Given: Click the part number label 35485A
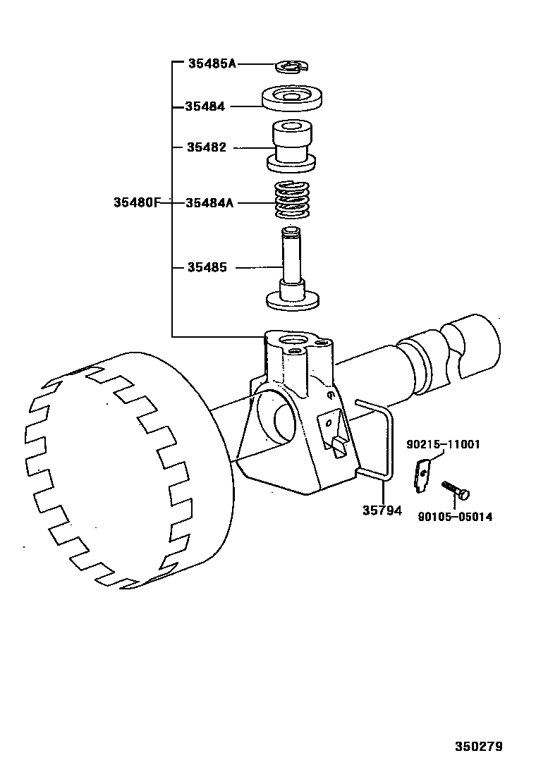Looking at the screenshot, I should pyautogui.click(x=212, y=63).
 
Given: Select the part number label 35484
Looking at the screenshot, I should pyautogui.click(x=205, y=106).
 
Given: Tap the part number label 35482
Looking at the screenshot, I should pyautogui.click(x=207, y=147).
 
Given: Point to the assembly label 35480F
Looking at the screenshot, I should pyautogui.click(x=137, y=202).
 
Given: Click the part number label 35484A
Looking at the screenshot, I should pyautogui.click(x=209, y=202).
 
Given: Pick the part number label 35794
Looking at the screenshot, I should pyautogui.click(x=382, y=510).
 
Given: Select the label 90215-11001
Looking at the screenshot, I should pyautogui.click(x=443, y=444).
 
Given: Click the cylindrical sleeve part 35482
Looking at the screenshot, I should pyautogui.click(x=291, y=145).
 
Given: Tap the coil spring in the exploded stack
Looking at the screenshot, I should pyautogui.click(x=291, y=200).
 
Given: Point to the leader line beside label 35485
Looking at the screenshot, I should pyautogui.click(x=258, y=268).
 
